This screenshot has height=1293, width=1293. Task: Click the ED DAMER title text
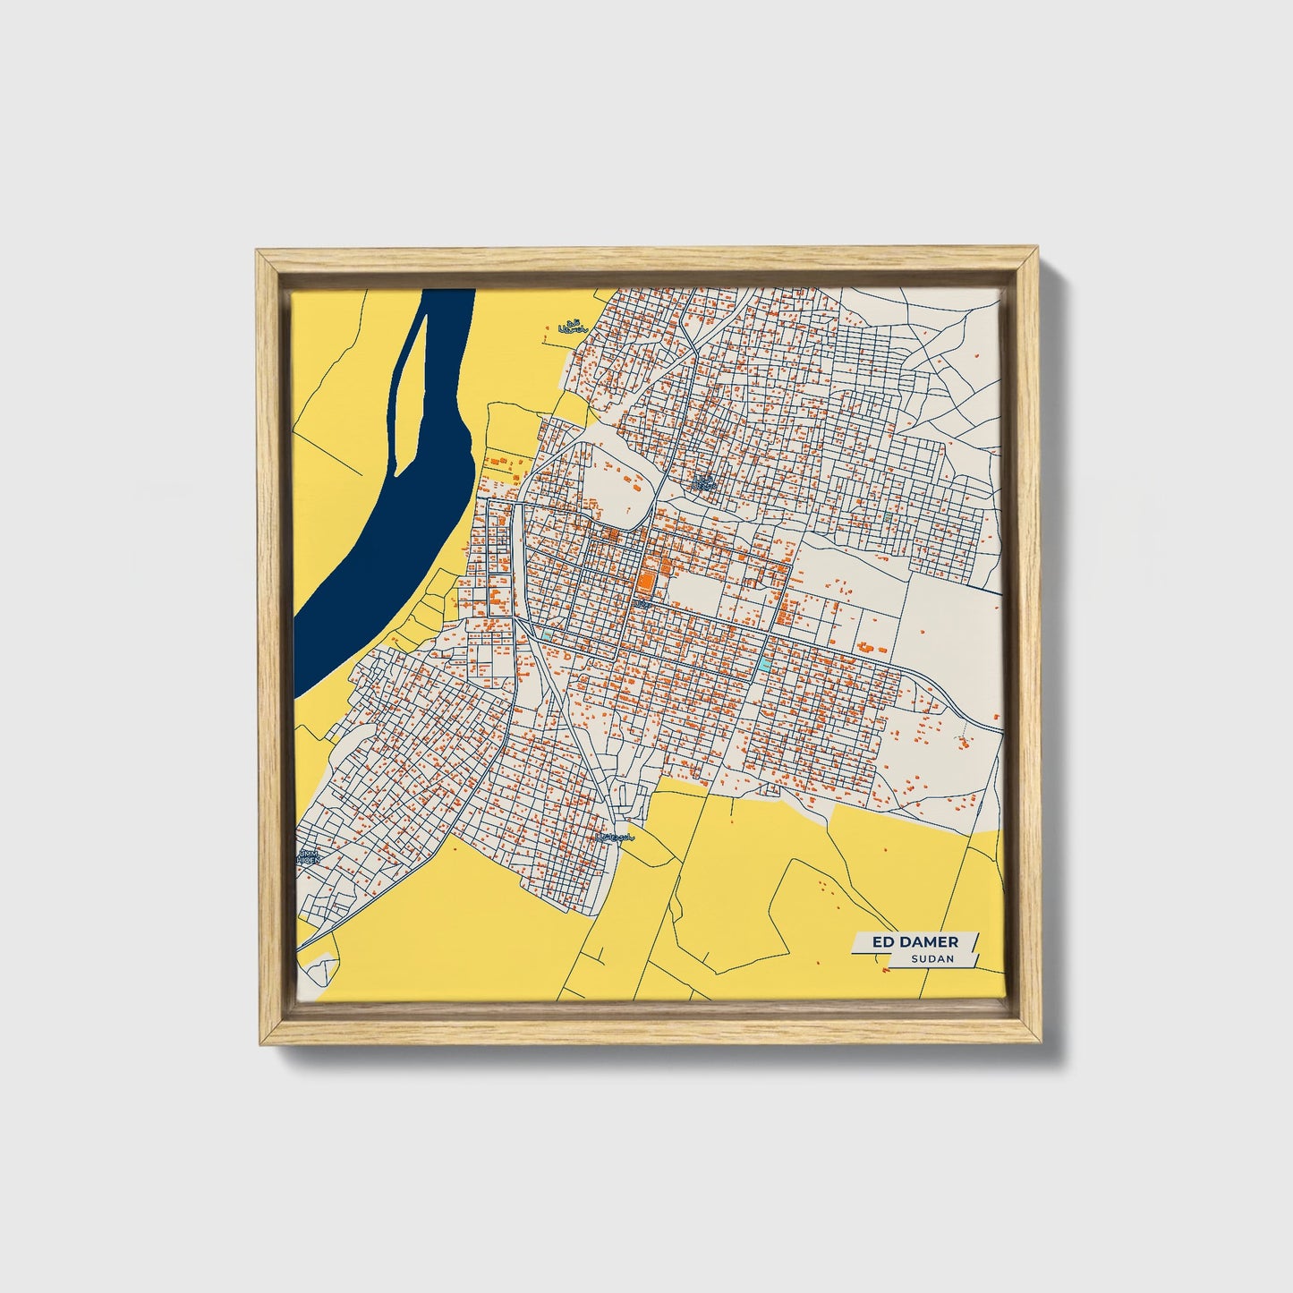pos(914,942)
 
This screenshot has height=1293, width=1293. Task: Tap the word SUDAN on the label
pos(933,959)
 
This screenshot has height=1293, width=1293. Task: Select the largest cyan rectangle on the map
pos(763,664)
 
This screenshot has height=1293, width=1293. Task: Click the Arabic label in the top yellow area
pos(570,328)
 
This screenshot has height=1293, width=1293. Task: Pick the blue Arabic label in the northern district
pos(705,483)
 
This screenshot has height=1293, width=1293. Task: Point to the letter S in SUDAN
pos(914,959)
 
